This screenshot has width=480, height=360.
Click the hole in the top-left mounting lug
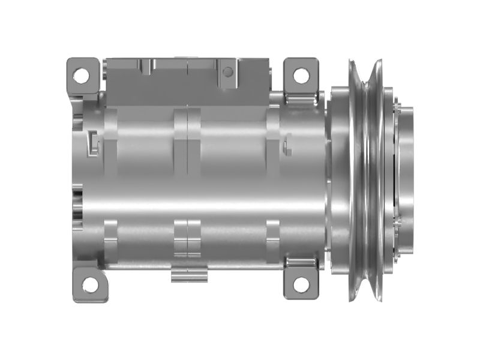click(x=81, y=75)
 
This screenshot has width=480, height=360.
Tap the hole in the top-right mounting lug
click(x=301, y=75)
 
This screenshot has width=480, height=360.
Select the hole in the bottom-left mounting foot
click(x=89, y=285)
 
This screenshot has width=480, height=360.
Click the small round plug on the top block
click(x=227, y=72)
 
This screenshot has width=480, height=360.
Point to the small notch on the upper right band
click(x=287, y=144)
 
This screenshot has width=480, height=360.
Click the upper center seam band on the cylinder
click(x=188, y=129)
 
